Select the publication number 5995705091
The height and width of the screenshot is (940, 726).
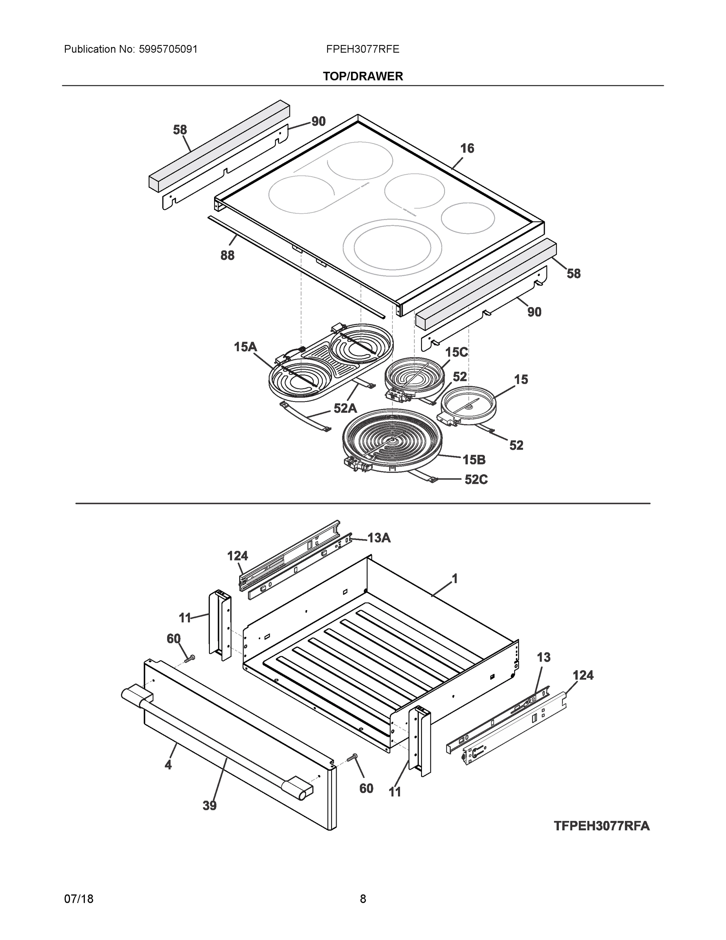pos(168,49)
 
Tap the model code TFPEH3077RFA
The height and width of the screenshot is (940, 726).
pos(601,826)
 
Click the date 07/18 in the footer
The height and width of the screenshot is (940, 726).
pos(79,899)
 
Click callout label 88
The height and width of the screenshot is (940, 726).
pos(227,256)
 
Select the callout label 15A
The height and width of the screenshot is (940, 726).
pos(245,347)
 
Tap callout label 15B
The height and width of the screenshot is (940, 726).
pos(474,460)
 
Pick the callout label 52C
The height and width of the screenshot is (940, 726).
pos(476,479)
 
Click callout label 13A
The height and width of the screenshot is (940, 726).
pos(379,538)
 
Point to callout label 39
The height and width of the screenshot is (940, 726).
pos(209,806)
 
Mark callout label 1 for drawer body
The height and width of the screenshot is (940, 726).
pos(455,579)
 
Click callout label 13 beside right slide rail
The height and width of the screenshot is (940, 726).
pos(544,657)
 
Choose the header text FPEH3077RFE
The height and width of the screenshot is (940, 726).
pos(362,49)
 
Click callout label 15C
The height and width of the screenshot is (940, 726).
pos(456,352)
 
